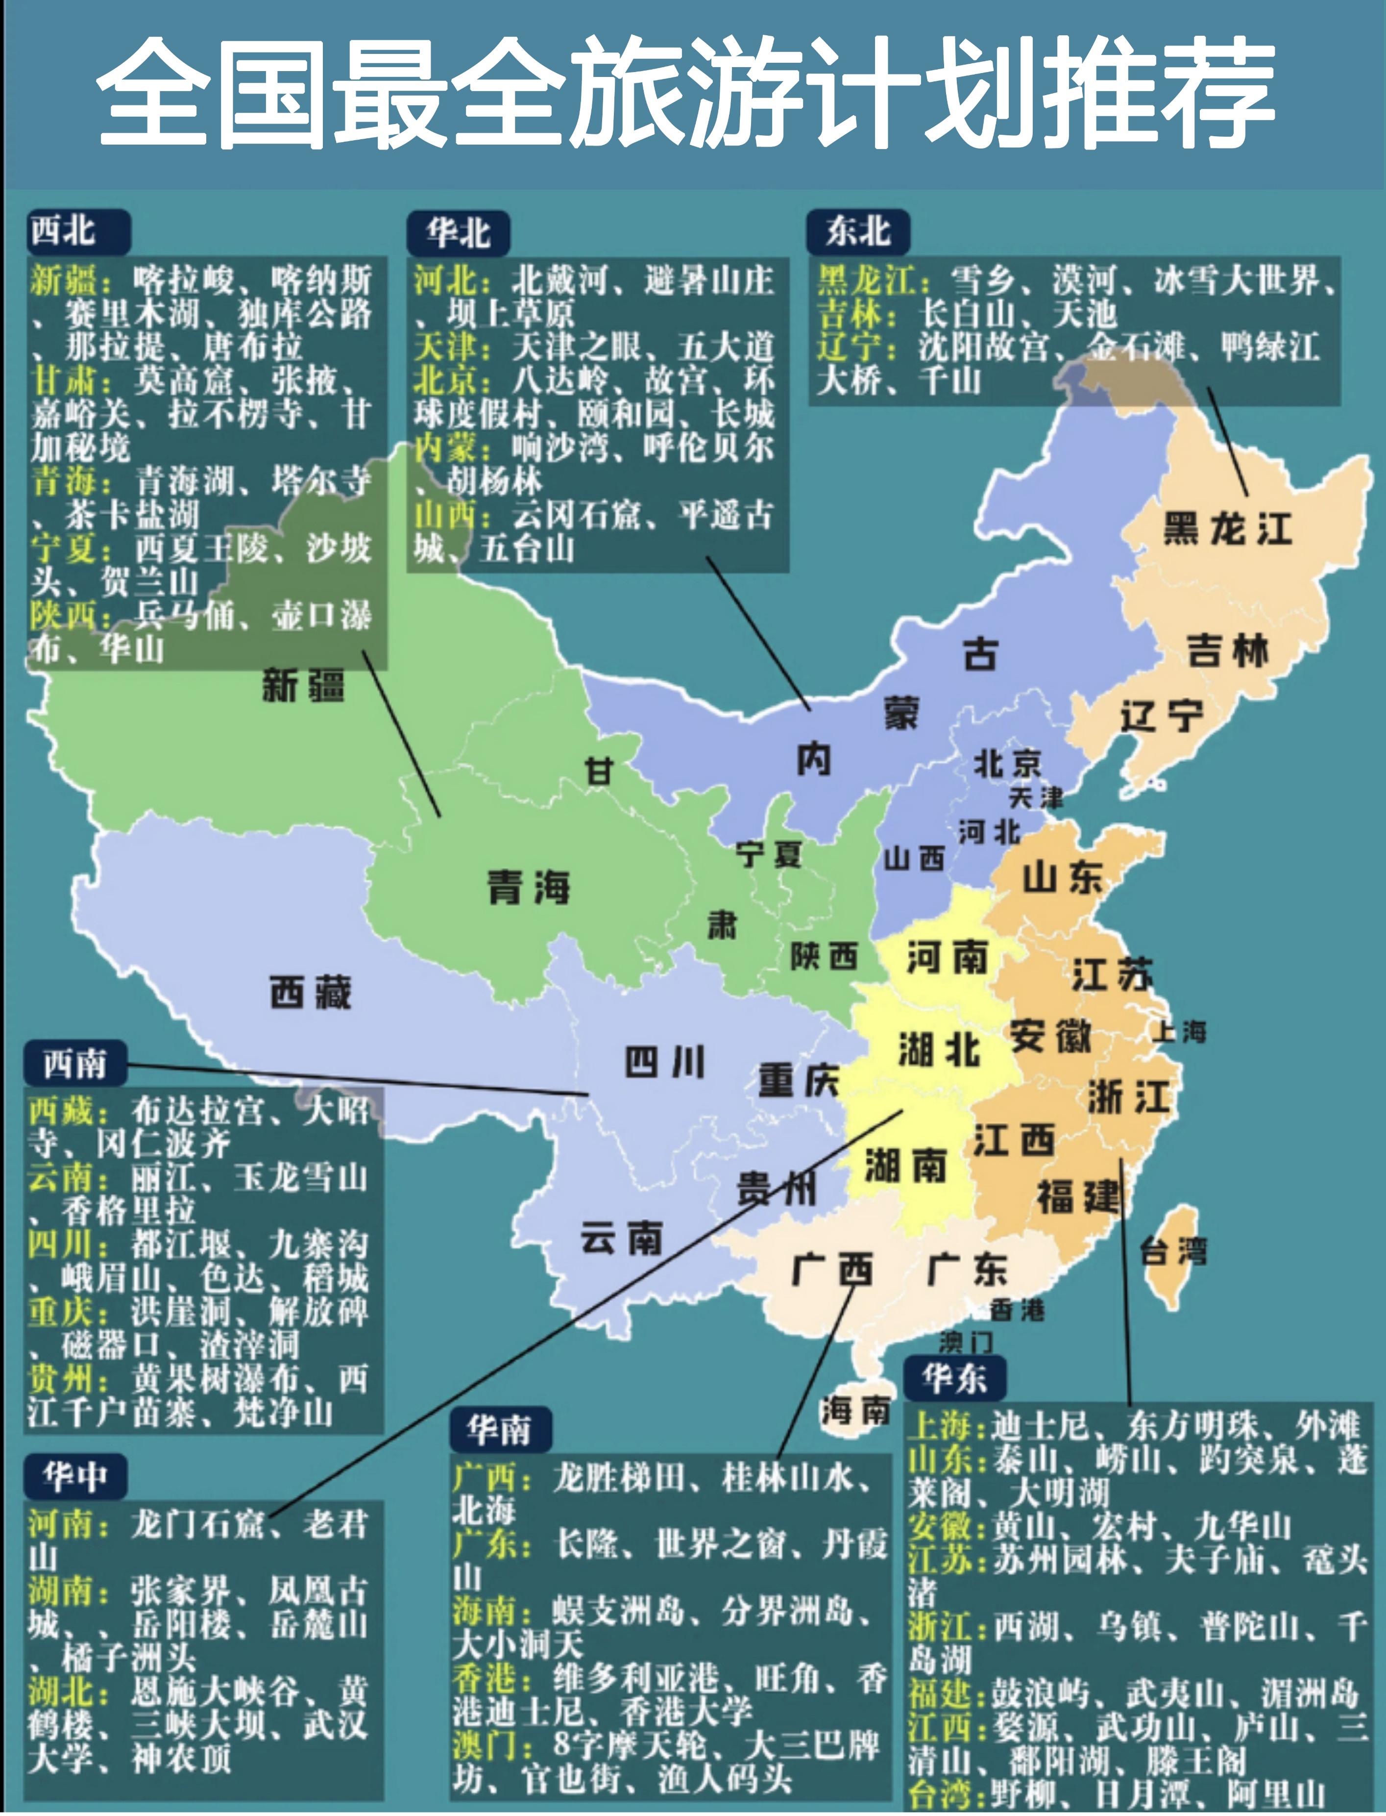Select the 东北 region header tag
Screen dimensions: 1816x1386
(x=857, y=231)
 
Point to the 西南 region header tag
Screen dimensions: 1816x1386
(x=75, y=1064)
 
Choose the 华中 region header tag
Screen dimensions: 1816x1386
(x=75, y=1476)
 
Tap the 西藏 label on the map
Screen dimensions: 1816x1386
(x=310, y=992)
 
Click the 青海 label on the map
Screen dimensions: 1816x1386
(x=528, y=887)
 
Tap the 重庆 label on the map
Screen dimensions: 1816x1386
(x=798, y=1080)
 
